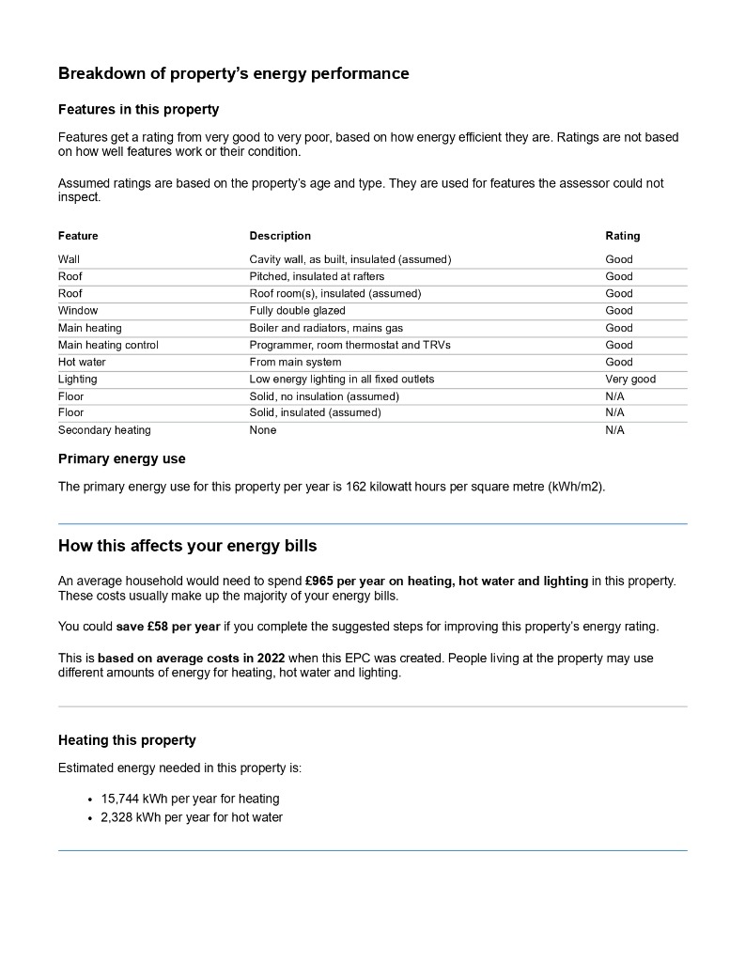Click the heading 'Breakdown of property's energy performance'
point(233,73)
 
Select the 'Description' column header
point(280,236)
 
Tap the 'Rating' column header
point(622,236)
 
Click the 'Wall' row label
point(69,259)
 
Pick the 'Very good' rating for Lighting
point(630,380)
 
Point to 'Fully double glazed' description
point(297,311)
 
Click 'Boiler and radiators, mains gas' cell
point(324,328)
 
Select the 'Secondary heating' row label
point(104,430)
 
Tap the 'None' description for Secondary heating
point(263,430)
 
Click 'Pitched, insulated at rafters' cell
point(317,276)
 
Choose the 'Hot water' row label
point(82,363)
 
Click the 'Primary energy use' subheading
point(122,459)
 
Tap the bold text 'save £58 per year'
point(168,627)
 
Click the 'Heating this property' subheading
point(127,740)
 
